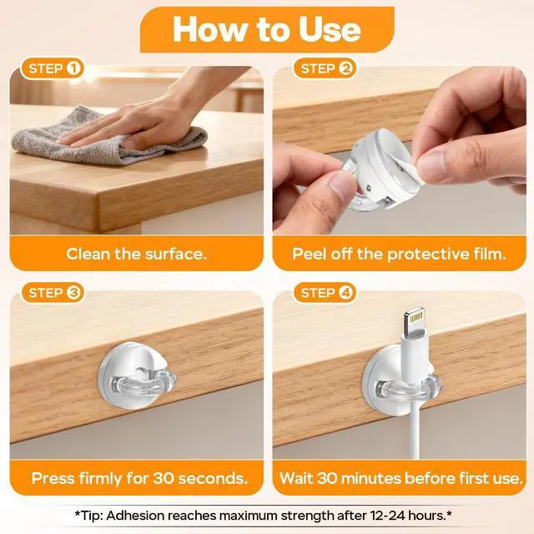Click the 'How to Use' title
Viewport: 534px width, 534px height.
pyautogui.click(x=267, y=29)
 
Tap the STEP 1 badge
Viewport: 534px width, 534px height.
pyautogui.click(x=52, y=68)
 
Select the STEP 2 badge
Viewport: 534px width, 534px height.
pyautogui.click(x=325, y=68)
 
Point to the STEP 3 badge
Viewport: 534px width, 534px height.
pyautogui.click(x=52, y=293)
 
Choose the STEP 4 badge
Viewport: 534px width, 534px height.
pyautogui.click(x=325, y=293)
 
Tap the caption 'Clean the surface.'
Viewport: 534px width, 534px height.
pyautogui.click(x=136, y=254)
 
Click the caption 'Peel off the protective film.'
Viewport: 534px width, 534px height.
pyautogui.click(x=399, y=254)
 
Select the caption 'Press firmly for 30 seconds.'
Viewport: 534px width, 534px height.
pyautogui.click(x=139, y=478)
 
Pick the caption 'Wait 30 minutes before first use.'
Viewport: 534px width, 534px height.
pyautogui.click(x=400, y=478)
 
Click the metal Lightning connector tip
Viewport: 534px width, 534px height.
pyautogui.click(x=415, y=320)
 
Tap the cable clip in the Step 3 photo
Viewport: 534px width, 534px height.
pyautogui.click(x=137, y=375)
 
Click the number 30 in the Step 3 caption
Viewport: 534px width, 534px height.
pyautogui.click(x=164, y=478)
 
